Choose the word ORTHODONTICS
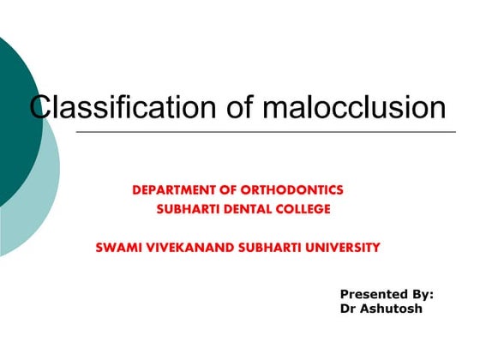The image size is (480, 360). click(x=302, y=189)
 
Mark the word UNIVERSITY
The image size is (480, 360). click(x=341, y=248)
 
